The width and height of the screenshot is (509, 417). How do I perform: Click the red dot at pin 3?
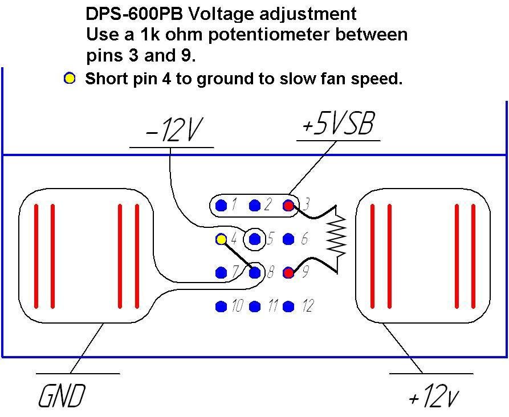[289, 205]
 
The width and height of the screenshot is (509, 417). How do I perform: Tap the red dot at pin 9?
[289, 273]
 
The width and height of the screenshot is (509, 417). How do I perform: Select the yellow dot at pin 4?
[221, 239]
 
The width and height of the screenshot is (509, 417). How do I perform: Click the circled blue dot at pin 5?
[255, 239]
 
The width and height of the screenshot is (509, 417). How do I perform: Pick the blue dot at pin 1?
[221, 205]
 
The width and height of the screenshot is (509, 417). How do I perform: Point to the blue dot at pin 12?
[289, 307]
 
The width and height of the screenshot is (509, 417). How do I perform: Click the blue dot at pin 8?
[255, 273]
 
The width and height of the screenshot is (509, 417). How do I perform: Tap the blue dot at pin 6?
[289, 239]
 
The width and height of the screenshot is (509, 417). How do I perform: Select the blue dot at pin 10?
[221, 307]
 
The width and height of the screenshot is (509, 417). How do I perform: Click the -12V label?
[173, 131]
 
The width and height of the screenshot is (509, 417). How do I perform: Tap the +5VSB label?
[337, 125]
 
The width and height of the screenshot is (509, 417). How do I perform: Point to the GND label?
[62, 396]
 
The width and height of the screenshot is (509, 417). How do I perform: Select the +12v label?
[434, 397]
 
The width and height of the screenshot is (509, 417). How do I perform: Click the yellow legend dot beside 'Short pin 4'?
[70, 79]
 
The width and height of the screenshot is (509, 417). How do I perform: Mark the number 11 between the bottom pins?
[272, 307]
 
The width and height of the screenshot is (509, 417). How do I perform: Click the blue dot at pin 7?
[221, 273]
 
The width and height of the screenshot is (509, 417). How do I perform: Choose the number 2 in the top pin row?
[268, 205]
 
